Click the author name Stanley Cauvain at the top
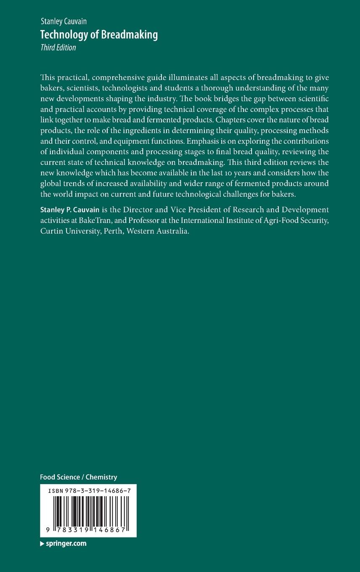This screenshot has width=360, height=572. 64,21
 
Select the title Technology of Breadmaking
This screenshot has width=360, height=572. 99,35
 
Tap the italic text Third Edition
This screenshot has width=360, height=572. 58,48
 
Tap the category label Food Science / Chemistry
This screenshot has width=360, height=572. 78,477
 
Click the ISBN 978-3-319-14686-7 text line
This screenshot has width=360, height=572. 88,491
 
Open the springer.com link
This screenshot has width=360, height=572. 66,543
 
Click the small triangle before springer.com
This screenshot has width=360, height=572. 42,544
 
